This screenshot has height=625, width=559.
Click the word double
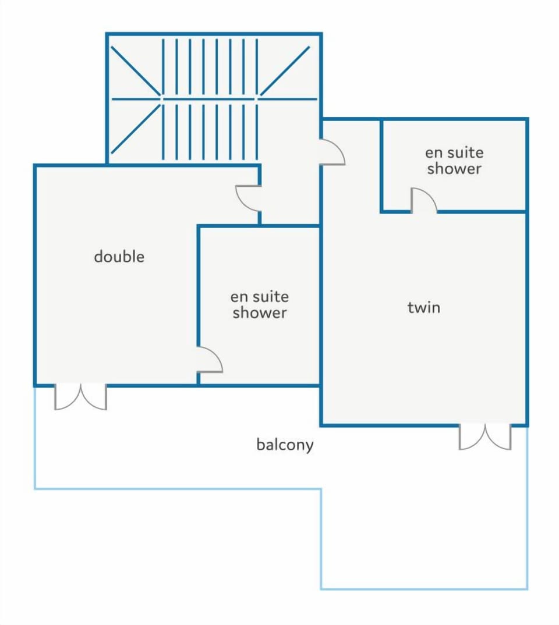(x=119, y=256)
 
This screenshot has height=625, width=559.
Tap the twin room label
(x=424, y=307)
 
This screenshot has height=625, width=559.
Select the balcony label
(x=285, y=445)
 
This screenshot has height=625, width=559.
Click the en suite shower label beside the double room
(x=260, y=304)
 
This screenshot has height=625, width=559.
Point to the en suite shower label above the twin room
(x=454, y=161)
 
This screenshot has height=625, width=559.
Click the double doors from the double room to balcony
(x=80, y=397)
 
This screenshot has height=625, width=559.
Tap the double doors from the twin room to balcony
(x=485, y=437)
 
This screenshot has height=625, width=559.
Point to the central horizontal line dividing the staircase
(x=214, y=98)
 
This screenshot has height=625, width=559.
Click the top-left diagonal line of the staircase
(x=136, y=71)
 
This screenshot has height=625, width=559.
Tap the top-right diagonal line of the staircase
(x=285, y=71)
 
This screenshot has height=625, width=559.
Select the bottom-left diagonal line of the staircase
(x=136, y=129)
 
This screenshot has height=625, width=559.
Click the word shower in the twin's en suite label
(x=454, y=169)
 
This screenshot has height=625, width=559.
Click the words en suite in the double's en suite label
(x=260, y=297)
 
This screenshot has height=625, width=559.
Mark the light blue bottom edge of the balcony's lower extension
(x=424, y=588)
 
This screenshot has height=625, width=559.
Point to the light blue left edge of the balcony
(x=35, y=438)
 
